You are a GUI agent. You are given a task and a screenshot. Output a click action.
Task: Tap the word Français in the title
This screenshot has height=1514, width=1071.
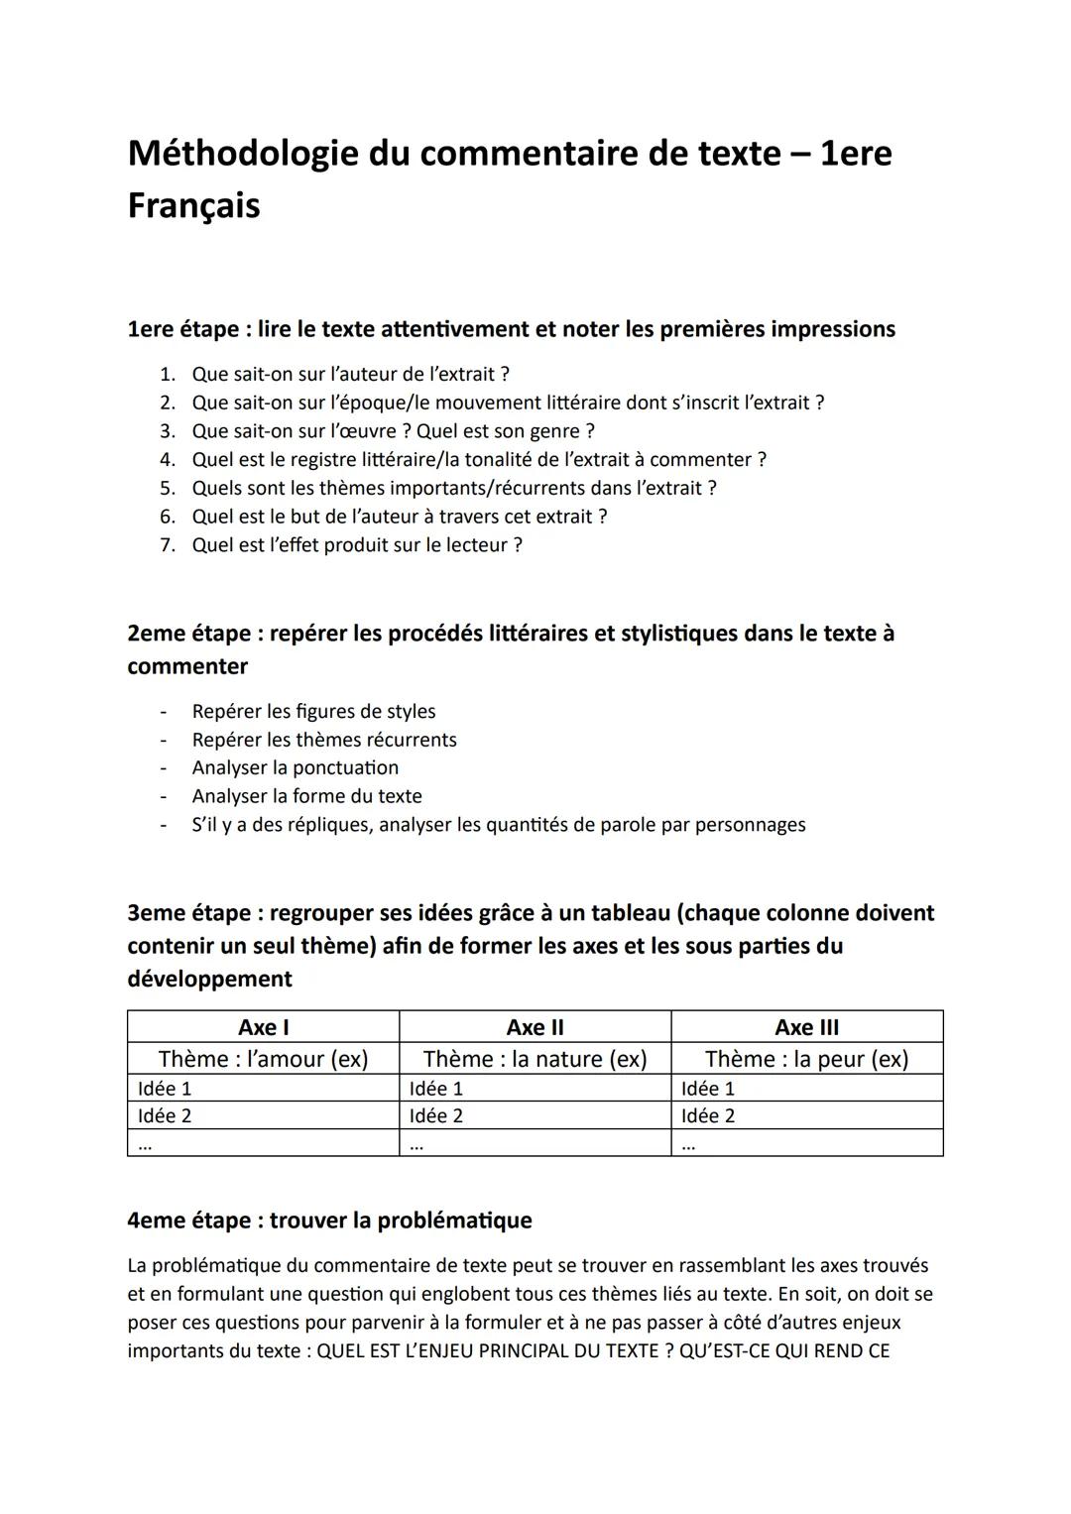click(x=193, y=206)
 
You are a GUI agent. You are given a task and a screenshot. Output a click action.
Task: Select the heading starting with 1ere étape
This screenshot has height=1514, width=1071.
click(x=511, y=329)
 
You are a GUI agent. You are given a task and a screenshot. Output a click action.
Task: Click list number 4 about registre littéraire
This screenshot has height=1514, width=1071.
click(x=478, y=459)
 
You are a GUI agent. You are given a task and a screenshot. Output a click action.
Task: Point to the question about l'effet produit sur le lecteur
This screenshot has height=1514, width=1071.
click(x=357, y=545)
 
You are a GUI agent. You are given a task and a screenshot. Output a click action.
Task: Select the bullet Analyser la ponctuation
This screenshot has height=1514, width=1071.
click(x=296, y=768)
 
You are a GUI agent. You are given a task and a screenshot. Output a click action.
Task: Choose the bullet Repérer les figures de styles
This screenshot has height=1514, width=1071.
click(x=313, y=712)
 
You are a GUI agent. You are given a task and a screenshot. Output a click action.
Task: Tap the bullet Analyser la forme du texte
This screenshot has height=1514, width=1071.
click(x=306, y=796)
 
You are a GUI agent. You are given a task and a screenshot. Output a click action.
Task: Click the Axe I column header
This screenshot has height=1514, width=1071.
click(x=263, y=1027)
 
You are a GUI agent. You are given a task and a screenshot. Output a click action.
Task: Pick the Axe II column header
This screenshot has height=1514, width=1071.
click(x=535, y=1027)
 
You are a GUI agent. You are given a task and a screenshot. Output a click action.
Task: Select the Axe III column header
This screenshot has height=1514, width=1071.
click(x=806, y=1027)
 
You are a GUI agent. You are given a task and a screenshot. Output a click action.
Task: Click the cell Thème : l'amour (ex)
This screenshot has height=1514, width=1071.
click(x=263, y=1059)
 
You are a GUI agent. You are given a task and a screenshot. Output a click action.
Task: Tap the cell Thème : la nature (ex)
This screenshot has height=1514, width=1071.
click(x=535, y=1059)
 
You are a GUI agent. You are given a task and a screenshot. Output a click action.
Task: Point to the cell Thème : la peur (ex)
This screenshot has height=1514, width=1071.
click(x=806, y=1059)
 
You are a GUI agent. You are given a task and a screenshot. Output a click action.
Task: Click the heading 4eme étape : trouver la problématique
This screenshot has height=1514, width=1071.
click(x=329, y=1221)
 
